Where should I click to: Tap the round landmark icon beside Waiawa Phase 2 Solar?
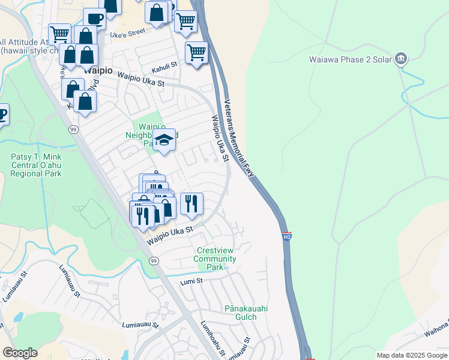coord(401,59)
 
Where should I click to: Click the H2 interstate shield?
coord(288,236)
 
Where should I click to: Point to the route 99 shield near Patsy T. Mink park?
coord(73,129)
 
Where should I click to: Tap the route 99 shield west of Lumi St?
coord(154,261)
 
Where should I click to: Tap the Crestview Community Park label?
coord(216,259)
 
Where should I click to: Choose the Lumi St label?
coord(192,281)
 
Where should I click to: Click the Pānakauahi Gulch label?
coord(246,313)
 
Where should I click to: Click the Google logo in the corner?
coord(20,353)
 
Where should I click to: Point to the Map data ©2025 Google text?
coord(411,355)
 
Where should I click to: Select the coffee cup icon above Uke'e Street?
coord(94,19)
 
